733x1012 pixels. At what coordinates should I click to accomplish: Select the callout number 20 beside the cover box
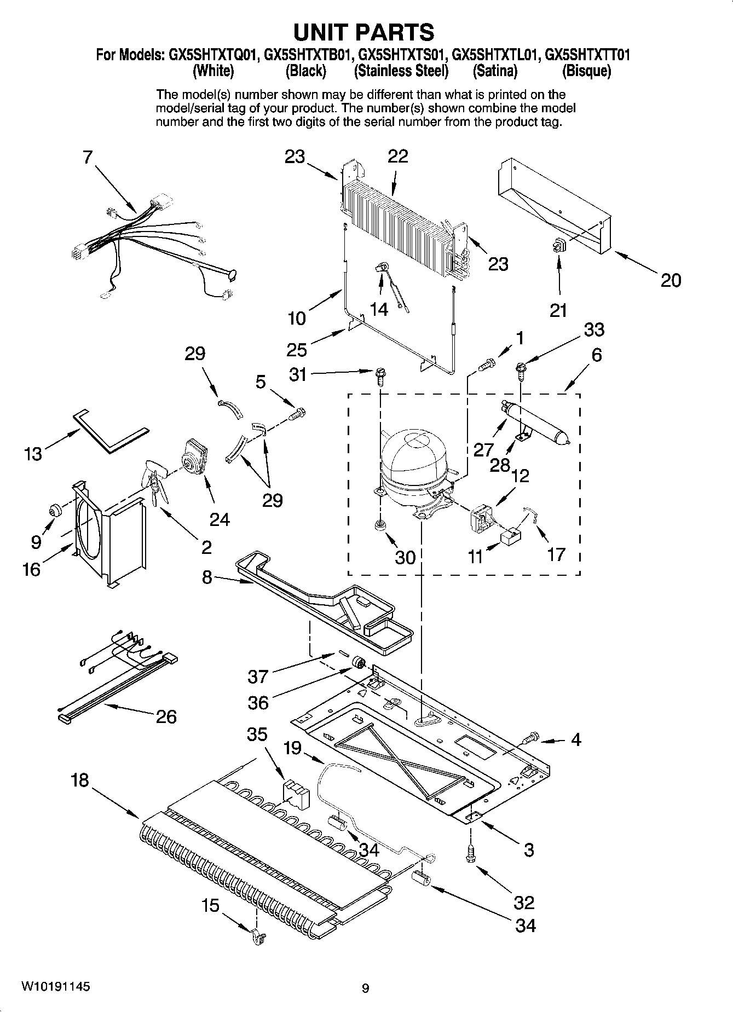tap(671, 280)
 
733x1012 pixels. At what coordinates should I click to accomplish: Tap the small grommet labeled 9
tap(55, 511)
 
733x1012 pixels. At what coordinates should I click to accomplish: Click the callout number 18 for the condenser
tap(79, 780)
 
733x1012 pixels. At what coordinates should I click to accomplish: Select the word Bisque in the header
tap(586, 71)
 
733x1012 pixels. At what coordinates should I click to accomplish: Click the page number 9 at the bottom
tap(365, 988)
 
